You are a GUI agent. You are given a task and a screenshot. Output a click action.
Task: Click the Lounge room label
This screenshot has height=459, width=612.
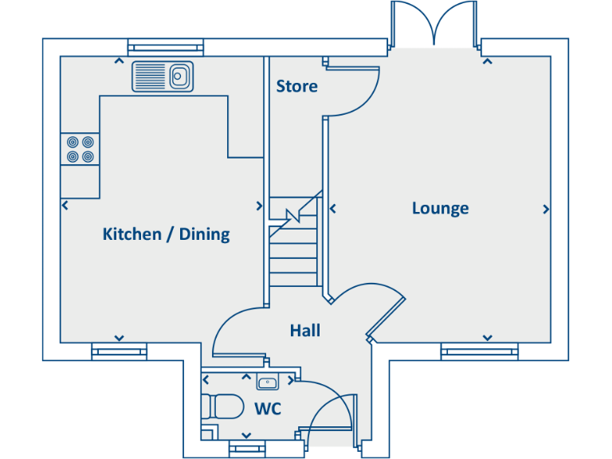[440, 209]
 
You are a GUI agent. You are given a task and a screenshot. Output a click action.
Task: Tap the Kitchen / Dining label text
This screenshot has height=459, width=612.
[166, 234]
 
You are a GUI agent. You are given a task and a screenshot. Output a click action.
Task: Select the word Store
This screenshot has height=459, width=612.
[296, 86]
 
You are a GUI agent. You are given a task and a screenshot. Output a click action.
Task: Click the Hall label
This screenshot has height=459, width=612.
[305, 330]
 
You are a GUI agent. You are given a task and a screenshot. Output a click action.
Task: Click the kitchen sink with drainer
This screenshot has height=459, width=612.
[163, 76]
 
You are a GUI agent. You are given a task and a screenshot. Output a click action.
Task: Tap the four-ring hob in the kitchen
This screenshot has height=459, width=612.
[80, 148]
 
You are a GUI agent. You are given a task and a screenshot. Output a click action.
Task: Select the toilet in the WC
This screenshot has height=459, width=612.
[223, 406]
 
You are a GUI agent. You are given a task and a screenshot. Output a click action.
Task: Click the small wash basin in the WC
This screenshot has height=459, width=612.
[267, 383]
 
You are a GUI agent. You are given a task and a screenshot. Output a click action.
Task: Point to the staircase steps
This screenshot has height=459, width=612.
[293, 247]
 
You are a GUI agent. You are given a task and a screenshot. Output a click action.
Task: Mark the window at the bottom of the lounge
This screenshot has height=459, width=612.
[480, 351]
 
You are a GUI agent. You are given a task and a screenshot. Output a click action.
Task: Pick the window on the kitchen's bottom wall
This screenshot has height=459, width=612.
[120, 351]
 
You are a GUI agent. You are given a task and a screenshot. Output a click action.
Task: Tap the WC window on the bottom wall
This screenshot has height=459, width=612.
[246, 449]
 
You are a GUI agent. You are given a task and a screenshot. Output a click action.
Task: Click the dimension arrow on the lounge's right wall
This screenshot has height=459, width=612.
[546, 209]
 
